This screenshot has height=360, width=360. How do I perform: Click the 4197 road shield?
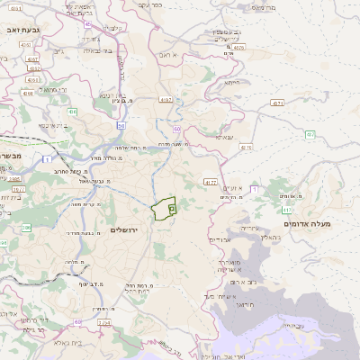click(165, 99)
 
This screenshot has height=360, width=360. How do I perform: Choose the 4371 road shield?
click(276, 103)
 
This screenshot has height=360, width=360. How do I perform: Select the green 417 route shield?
click(255, 189)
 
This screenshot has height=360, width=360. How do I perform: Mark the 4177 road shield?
click(211, 182)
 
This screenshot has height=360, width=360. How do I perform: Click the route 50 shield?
click(120, 126)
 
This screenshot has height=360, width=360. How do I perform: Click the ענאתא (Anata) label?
click(226, 138)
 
